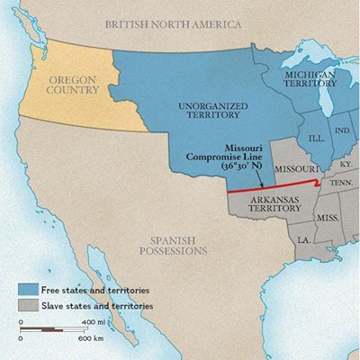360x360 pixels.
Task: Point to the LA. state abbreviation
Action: point(304,239)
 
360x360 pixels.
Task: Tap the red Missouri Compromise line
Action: point(270,190)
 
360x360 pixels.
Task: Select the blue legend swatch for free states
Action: point(28,291)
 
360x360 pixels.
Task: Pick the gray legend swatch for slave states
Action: point(28,307)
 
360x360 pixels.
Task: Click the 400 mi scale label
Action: point(93,321)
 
